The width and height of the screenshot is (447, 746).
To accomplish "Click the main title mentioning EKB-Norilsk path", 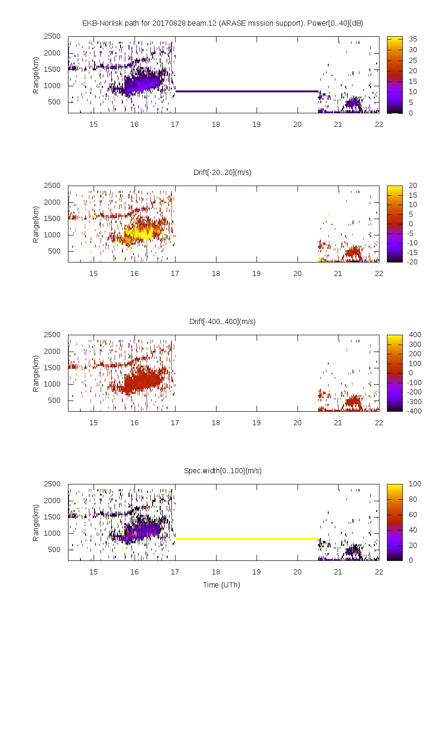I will point(223,23).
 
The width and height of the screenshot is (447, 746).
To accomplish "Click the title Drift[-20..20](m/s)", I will point(223,172).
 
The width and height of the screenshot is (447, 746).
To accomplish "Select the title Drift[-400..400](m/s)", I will point(223,321).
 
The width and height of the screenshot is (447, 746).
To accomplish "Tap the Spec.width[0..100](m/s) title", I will point(223,470).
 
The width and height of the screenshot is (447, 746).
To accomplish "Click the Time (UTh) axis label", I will point(221,585).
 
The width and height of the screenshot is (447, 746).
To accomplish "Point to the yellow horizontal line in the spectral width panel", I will point(247,539).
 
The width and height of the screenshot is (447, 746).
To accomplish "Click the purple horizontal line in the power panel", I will point(247,91).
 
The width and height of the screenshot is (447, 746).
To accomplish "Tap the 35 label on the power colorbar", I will point(413,39).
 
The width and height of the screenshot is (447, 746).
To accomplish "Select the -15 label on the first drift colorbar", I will point(412,252).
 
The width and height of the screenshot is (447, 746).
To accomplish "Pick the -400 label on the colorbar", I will point(414,411).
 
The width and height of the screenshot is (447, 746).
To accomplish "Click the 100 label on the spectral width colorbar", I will point(415,484).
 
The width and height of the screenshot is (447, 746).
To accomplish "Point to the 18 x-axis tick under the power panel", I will point(216,124).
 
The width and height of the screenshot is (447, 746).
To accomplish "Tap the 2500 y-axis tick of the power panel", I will point(52,36).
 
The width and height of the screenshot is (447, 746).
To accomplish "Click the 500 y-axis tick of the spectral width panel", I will point(54,550).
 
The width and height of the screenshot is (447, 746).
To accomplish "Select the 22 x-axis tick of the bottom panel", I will point(379,572).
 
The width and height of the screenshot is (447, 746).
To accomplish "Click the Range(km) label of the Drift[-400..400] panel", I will point(36,373).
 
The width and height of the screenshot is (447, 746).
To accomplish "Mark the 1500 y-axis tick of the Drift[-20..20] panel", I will point(52,218).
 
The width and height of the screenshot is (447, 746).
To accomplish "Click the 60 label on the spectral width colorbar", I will point(413,515).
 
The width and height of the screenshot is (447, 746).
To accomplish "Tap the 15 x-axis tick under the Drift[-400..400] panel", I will point(94,422).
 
